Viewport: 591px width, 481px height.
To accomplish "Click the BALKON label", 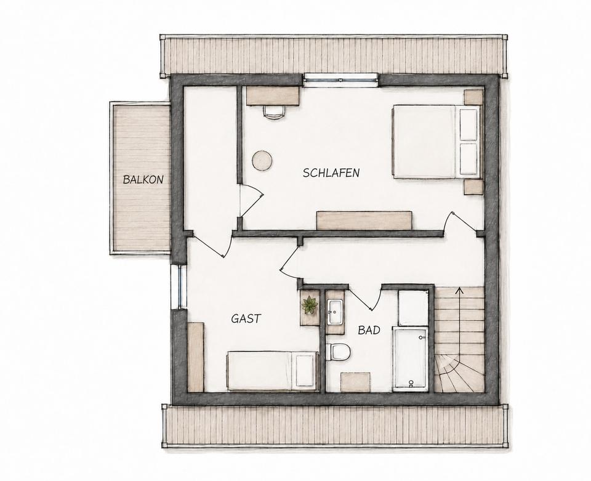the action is (x=143, y=179).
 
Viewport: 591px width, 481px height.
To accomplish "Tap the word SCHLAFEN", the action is (x=331, y=172).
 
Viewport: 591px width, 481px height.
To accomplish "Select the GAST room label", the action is (x=246, y=318).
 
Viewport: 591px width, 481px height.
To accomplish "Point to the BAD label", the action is (x=369, y=330).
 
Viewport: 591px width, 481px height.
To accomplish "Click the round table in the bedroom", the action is (x=262, y=161).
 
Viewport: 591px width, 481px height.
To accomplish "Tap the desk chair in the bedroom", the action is (x=274, y=111).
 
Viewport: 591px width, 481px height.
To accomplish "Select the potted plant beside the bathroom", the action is (x=310, y=305).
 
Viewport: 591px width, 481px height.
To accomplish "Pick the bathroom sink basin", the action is (x=335, y=312).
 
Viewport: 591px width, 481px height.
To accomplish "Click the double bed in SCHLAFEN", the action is (x=436, y=142).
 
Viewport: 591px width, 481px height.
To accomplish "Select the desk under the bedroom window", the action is (x=273, y=95).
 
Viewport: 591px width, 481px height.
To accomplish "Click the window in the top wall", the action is (x=341, y=79).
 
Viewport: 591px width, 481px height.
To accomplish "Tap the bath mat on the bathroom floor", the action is (x=355, y=382).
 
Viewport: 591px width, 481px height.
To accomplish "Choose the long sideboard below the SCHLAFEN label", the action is (x=364, y=220).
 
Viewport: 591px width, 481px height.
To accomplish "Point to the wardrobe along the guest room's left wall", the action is (x=196, y=357).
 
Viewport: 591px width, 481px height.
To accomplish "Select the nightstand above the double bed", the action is (x=473, y=97).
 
